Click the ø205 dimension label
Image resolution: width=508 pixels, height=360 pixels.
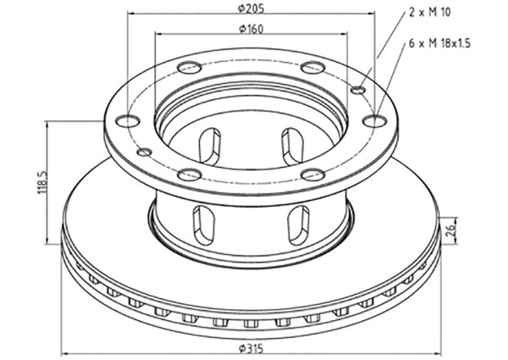251,8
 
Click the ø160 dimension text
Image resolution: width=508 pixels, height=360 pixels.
251,29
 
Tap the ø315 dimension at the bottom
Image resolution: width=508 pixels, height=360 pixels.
251,349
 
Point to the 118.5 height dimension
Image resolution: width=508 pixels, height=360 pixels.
43,182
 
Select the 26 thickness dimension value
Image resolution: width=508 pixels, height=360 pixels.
451,230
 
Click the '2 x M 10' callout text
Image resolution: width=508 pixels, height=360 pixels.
429,13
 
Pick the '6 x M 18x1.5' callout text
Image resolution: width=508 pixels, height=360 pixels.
439,43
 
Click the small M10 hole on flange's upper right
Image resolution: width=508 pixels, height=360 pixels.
359,90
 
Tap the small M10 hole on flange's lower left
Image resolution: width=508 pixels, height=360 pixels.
145,152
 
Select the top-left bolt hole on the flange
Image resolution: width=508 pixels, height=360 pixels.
190,67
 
